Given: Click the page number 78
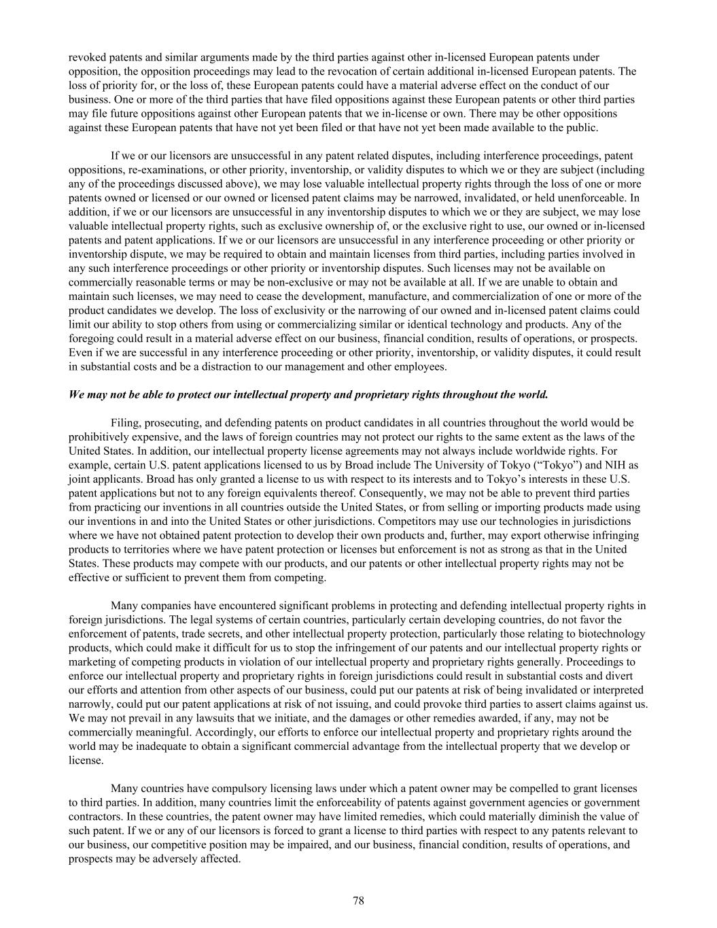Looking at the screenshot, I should coord(359,901).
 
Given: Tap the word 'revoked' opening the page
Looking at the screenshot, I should coord(86,57).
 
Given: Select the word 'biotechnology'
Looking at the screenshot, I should coord(616,634).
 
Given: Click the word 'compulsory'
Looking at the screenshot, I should coord(224,788).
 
